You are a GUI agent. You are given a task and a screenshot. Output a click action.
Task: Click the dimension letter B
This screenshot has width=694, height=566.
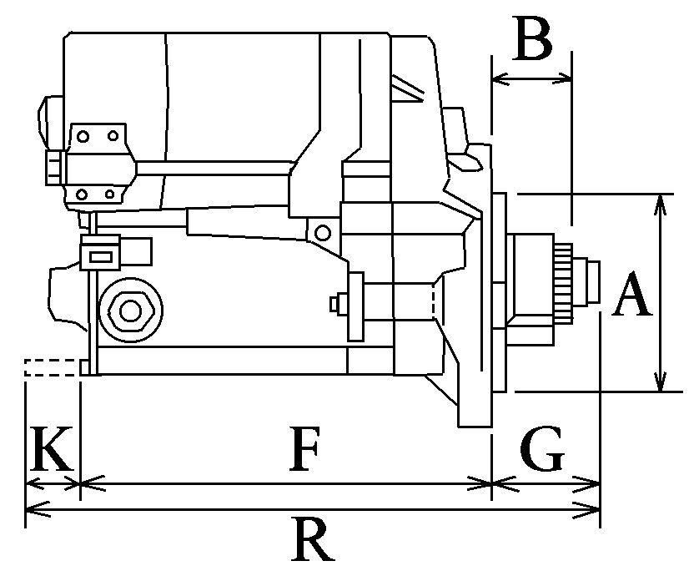(x=533, y=39)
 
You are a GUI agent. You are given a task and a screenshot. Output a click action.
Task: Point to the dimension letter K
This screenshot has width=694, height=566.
(x=50, y=450)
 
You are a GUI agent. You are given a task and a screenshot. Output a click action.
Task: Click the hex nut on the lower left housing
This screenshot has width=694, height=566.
(x=129, y=310)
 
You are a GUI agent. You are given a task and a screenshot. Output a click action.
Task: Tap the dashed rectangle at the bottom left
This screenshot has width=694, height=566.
(x=52, y=367)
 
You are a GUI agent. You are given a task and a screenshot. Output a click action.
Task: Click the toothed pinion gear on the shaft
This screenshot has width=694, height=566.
(x=565, y=284)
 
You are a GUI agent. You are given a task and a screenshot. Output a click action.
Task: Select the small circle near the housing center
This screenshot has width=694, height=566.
(x=323, y=231)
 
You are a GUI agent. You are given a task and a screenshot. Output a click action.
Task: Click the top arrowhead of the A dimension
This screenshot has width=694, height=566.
(x=661, y=200)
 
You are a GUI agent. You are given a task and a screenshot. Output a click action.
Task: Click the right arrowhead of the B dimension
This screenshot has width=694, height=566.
(x=567, y=79)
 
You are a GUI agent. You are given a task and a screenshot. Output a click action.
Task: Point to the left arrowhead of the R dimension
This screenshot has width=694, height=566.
(x=32, y=508)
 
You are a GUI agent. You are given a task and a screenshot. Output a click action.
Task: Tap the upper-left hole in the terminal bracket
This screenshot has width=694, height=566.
(x=83, y=134)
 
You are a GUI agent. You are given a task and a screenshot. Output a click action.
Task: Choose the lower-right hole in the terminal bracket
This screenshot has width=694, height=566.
(x=110, y=195)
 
